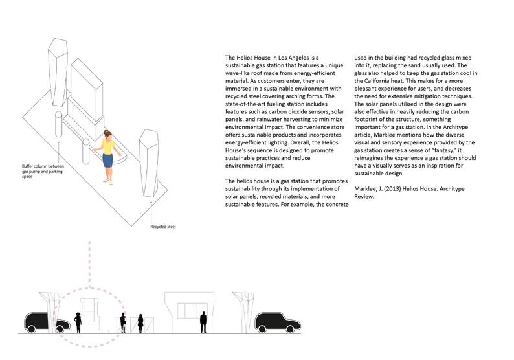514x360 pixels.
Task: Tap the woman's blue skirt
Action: coord(106,160)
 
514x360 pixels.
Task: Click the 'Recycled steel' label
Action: coord(162,227)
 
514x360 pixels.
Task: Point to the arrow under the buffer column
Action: coord(59,152)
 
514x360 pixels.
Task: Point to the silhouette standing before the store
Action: coord(203,321)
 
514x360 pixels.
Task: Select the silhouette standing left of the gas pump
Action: coord(78,322)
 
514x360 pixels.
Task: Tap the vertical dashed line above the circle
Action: coord(89,262)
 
